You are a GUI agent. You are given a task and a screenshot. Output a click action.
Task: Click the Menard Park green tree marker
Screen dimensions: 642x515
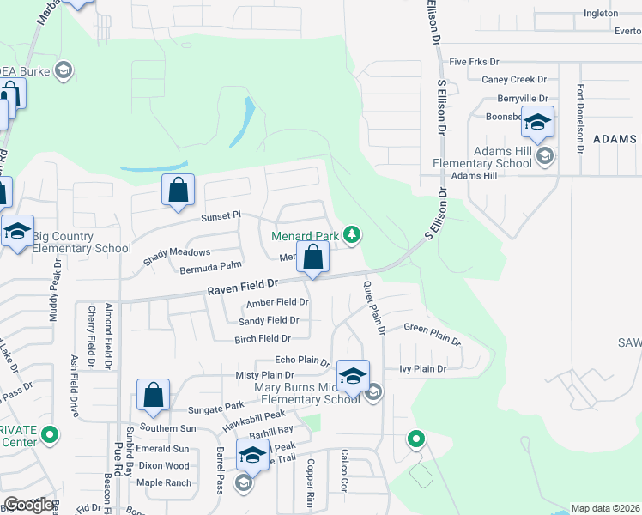coord(351,234)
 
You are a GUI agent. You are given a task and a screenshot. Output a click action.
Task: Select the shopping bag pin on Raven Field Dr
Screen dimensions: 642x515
coord(313,257)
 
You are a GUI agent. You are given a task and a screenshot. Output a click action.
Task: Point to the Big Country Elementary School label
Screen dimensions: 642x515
coord(82,242)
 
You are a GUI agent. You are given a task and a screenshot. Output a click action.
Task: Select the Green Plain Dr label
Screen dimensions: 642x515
coord(433,331)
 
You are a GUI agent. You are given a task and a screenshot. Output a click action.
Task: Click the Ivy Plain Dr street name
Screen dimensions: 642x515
coord(423,369)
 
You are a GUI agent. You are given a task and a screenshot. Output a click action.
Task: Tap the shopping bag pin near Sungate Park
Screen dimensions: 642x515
coord(154,397)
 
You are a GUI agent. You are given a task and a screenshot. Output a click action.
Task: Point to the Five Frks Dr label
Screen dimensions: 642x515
coord(474,63)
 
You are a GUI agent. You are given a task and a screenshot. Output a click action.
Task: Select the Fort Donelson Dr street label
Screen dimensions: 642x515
coord(581,118)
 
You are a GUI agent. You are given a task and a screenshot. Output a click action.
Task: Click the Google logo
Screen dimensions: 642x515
coord(28,505)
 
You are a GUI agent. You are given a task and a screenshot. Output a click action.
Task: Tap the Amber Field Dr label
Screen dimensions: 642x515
coord(277,303)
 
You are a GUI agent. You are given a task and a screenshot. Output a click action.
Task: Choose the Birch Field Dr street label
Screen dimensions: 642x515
coord(263,339)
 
